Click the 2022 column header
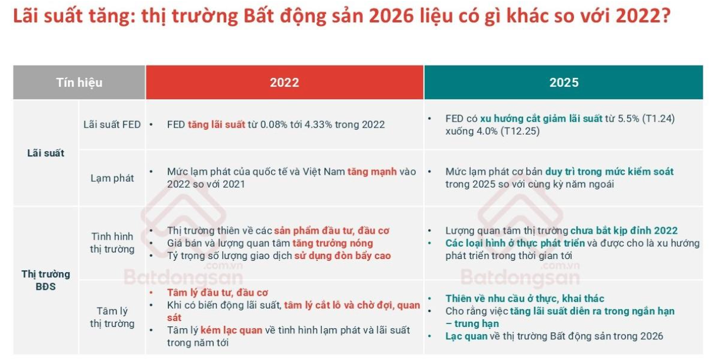coord(285,83)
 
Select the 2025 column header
coord(563,83)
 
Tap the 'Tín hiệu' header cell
coord(79,83)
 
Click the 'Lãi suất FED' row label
coord(112,125)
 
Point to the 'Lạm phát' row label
coord(112,178)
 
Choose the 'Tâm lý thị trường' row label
coord(112,317)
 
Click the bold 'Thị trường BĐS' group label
coord(45,280)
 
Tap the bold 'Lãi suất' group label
coord(45,153)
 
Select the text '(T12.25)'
coord(520,131)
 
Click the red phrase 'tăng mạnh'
coord(369,172)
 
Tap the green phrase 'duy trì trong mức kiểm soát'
coord(609,172)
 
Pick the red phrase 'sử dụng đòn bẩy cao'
coord(343,256)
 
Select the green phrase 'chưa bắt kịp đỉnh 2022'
coord(624,230)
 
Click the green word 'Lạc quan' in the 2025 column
coord(467,336)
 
